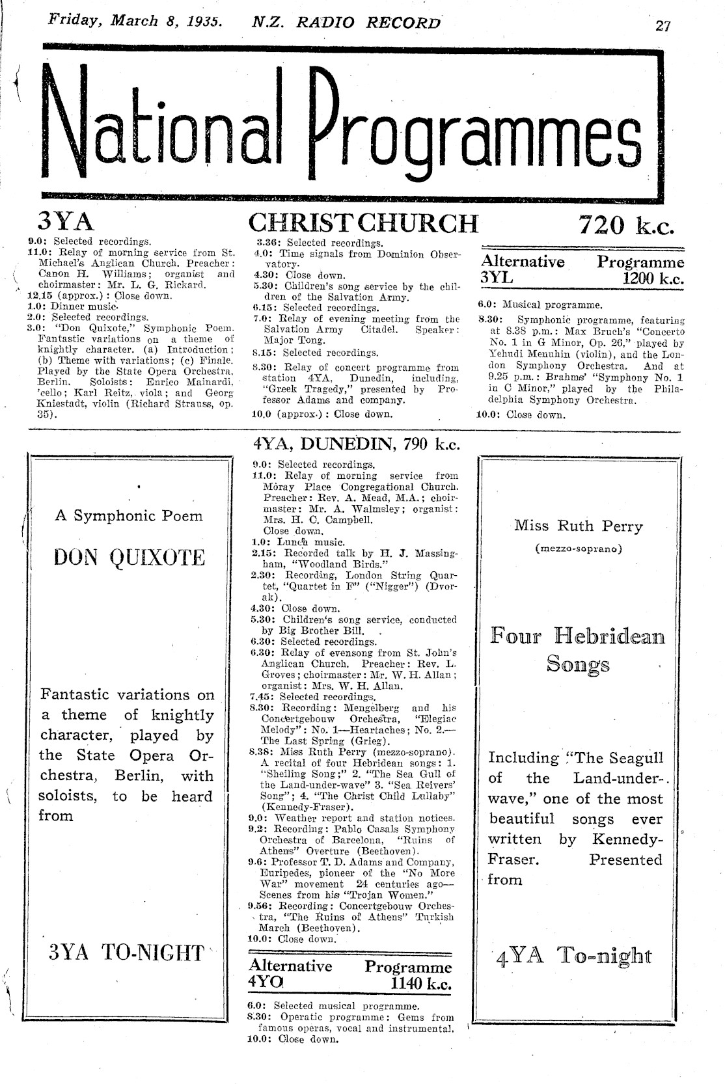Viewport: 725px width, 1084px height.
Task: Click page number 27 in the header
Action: [663, 25]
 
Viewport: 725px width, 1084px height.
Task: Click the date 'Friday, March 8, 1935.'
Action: [135, 20]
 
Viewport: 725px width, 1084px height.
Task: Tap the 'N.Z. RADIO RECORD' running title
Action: [346, 23]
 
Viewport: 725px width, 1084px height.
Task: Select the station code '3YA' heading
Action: [66, 222]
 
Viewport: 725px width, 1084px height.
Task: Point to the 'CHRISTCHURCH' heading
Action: [363, 223]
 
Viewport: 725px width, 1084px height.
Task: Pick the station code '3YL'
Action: [497, 277]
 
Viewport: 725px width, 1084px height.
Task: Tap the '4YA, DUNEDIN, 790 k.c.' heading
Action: [355, 444]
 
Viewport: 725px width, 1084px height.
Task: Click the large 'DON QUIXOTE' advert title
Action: [129, 558]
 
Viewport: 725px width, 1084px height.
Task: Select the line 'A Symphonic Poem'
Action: [129, 516]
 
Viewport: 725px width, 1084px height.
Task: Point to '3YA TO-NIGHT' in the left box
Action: [127, 953]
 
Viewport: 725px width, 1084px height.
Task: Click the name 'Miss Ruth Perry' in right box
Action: [578, 526]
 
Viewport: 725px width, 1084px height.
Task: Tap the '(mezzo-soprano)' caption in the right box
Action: [578, 549]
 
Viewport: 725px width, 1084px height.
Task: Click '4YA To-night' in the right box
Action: [573, 956]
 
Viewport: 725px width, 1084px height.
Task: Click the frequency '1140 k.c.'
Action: [420, 983]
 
